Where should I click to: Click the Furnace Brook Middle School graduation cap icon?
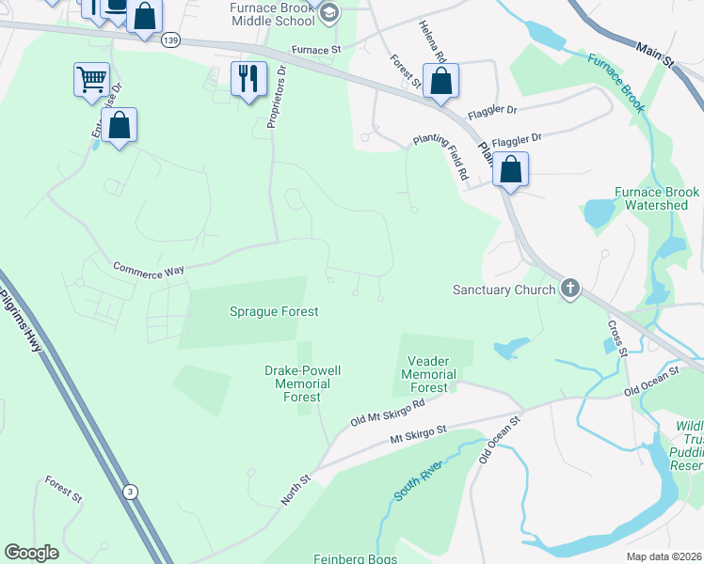pos(328,13)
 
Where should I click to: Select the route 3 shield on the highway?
pos(129,492)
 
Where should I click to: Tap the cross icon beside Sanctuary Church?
pos(569,290)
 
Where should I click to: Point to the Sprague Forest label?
pos(274,311)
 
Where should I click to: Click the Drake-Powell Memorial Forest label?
pos(302,384)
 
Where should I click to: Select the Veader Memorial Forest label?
pos(431,374)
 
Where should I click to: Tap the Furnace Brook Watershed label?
pos(657,198)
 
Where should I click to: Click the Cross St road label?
pos(617,338)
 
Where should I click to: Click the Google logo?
pos(31,553)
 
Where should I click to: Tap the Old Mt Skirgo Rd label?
pos(387,412)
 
